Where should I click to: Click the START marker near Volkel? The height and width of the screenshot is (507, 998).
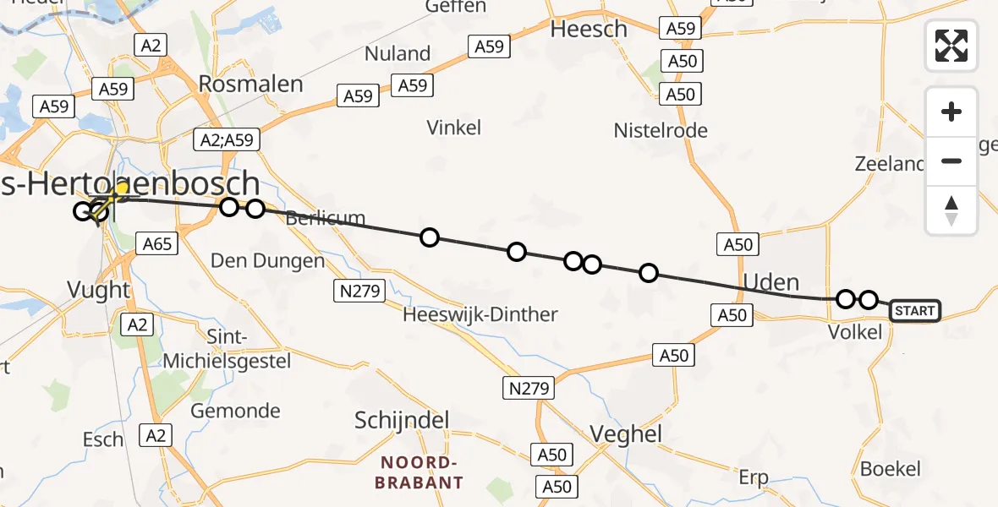(914, 311)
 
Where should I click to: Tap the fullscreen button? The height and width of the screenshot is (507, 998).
(951, 45)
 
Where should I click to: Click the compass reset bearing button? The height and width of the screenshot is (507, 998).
(951, 210)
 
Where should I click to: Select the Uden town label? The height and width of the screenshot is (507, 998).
(771, 281)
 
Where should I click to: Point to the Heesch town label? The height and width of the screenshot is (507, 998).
(589, 29)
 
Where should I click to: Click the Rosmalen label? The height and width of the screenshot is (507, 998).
(250, 84)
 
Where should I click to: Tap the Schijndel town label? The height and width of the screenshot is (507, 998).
(402, 420)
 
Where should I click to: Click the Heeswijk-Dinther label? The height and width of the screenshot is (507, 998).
(480, 314)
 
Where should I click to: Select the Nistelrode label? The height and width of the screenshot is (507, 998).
(661, 130)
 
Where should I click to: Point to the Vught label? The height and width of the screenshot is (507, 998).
(99, 290)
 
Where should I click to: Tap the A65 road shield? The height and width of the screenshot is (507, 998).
(156, 245)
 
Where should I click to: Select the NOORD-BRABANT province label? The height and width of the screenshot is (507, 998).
(420, 472)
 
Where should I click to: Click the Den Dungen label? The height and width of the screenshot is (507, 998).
(267, 260)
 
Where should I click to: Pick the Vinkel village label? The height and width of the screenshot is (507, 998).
(454, 128)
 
